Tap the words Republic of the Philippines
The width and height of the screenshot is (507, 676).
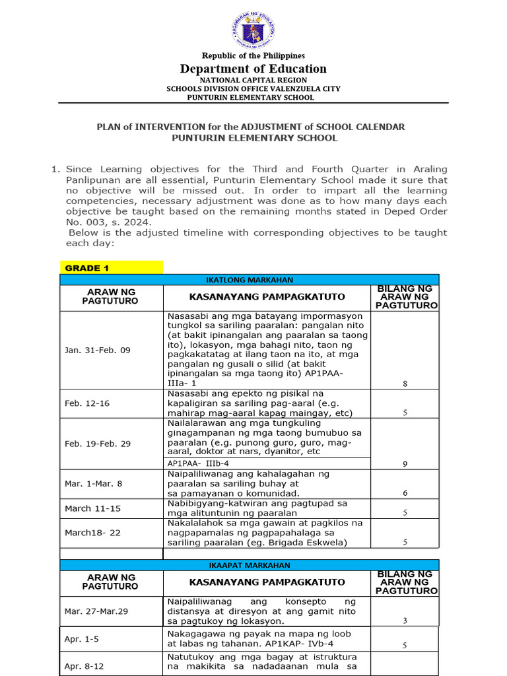[253, 55]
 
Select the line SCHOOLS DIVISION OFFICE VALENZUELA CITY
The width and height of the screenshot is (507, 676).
[253, 88]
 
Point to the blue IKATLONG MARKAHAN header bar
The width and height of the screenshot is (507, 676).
[250, 280]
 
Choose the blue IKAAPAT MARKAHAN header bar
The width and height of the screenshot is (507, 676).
[250, 565]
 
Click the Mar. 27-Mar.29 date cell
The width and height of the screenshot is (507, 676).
[96, 611]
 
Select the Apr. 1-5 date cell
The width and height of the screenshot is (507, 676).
[79, 639]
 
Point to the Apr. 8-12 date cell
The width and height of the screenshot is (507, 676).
[81, 666]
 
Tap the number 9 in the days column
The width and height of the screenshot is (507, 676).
[405, 464]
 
